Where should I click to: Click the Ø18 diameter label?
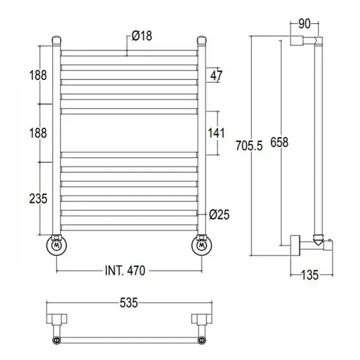click(x=142, y=36)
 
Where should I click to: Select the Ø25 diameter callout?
click(x=219, y=215)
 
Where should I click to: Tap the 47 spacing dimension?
click(x=216, y=75)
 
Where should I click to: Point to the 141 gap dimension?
click(x=216, y=133)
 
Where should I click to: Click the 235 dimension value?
click(x=38, y=199)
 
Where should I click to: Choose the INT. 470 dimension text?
click(x=125, y=270)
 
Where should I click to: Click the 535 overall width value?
click(x=129, y=303)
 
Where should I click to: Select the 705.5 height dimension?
click(x=249, y=146)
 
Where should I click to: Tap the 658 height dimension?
click(x=279, y=142)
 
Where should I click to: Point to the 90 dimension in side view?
click(x=305, y=24)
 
